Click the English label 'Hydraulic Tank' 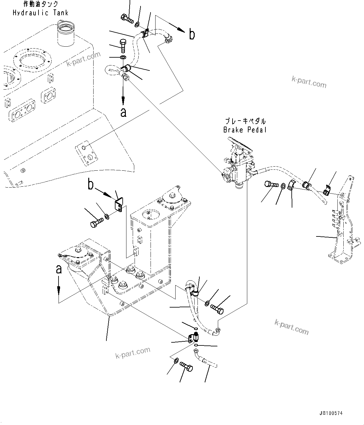tap(40, 13)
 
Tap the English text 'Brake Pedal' tap(245, 130)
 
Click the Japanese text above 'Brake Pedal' tap(245, 121)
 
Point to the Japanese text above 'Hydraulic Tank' tap(41, 4)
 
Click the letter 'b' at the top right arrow tap(192, 34)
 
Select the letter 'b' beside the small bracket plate tap(90, 185)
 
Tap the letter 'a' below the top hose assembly tap(124, 112)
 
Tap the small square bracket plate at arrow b tap(119, 204)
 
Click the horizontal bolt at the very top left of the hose tap(126, 19)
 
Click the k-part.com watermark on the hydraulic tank tap(84, 59)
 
